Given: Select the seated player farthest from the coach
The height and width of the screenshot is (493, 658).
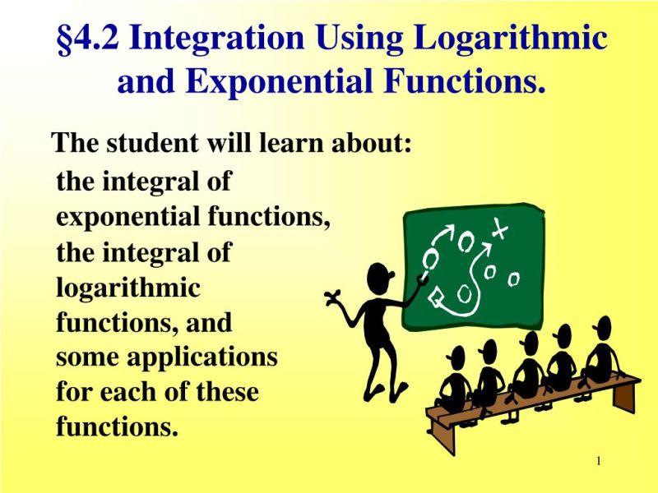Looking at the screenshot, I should [603, 353].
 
